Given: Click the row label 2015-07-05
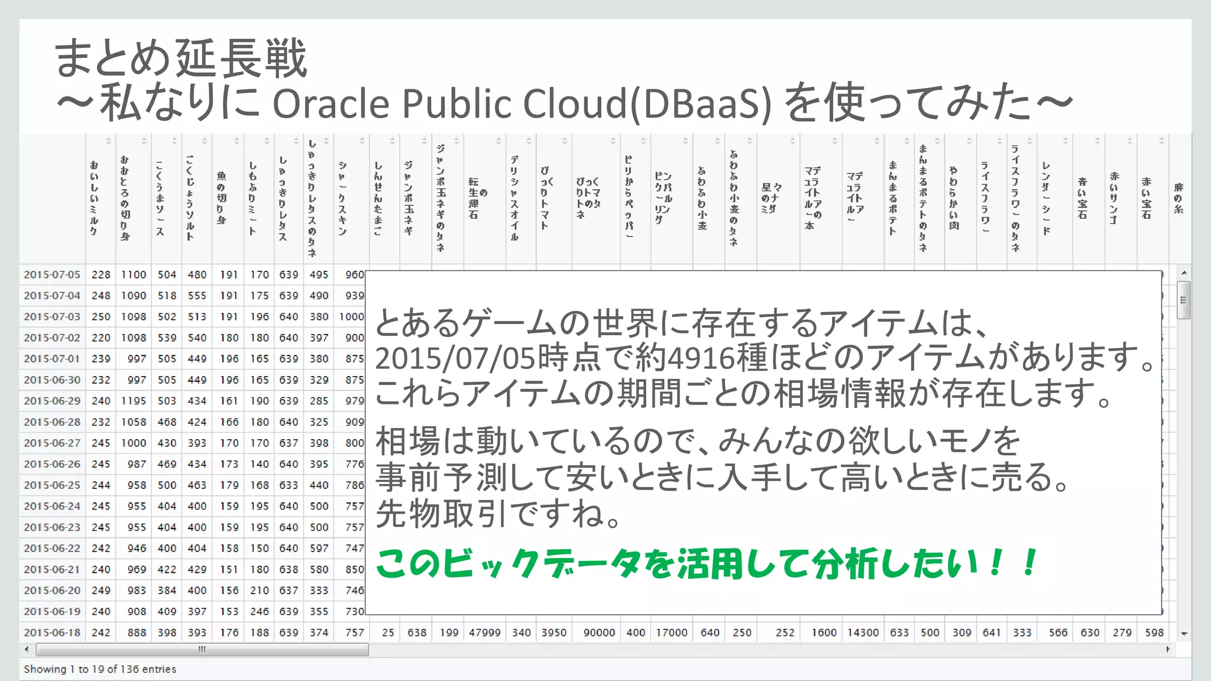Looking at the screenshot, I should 52,275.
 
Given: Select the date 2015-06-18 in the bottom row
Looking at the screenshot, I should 52,633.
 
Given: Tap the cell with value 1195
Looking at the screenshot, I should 134,401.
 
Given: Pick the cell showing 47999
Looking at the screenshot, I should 484,633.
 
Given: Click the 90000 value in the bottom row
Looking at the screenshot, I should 599,633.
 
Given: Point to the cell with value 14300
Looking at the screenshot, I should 863,633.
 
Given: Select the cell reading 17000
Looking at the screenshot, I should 672,633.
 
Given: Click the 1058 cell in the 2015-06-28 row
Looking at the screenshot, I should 134,422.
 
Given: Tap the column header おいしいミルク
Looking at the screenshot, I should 94,198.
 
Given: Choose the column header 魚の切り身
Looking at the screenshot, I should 222,198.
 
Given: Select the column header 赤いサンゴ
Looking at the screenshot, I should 1114,198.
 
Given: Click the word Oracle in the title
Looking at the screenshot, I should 331,103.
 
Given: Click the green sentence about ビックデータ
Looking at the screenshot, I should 707,563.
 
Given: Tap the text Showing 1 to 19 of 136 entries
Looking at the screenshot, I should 100,669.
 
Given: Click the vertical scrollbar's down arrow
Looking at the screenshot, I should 1184,634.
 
